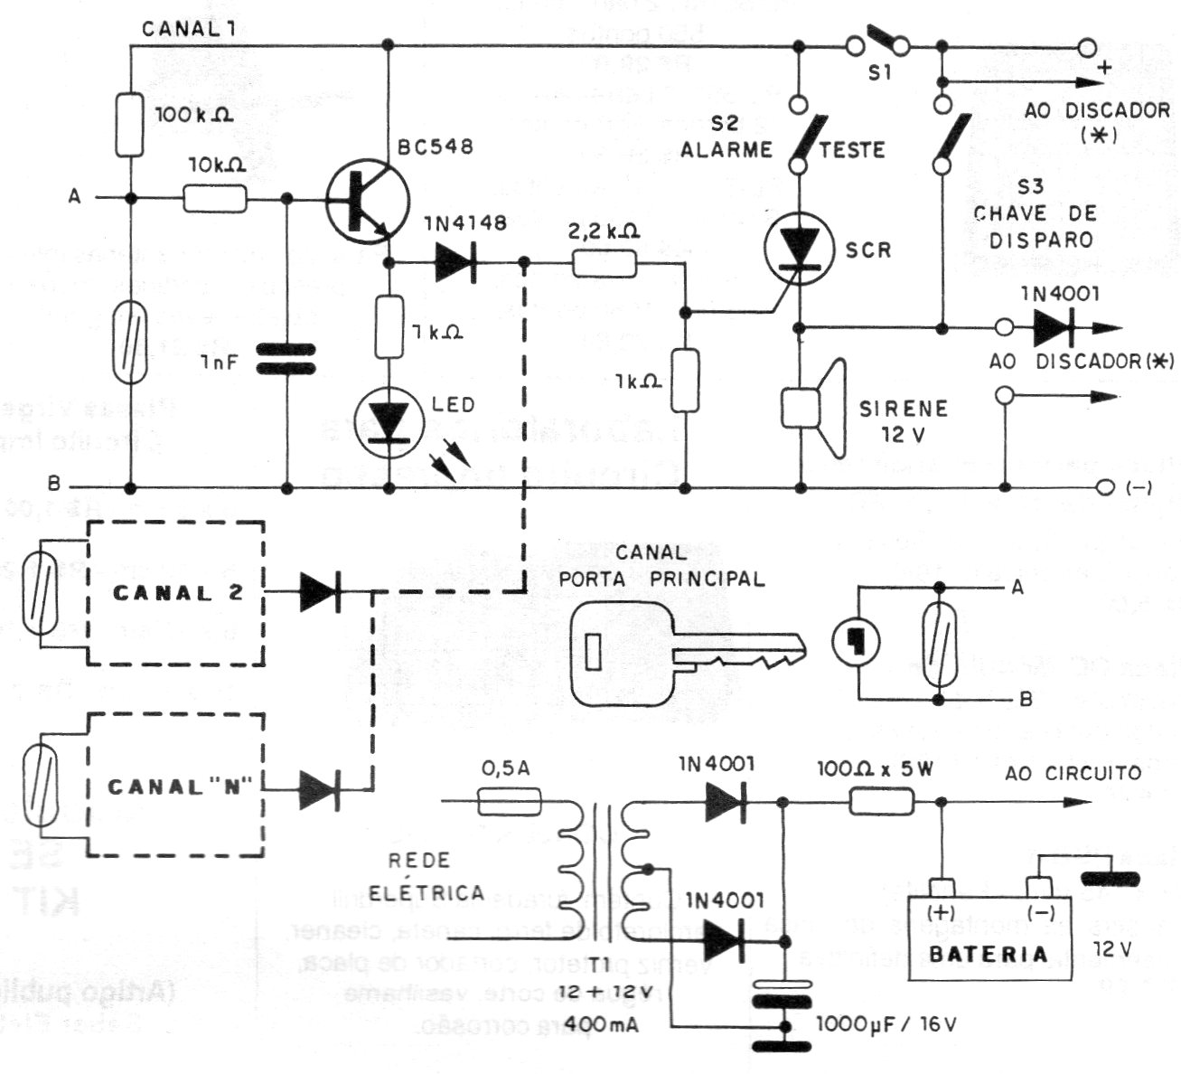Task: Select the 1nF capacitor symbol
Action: (x=287, y=357)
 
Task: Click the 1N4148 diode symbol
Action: (x=457, y=263)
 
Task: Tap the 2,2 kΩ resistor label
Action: (x=604, y=231)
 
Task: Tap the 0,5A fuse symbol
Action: (x=509, y=802)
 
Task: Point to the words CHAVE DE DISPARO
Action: (x=1033, y=227)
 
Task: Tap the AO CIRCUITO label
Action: (x=1073, y=773)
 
